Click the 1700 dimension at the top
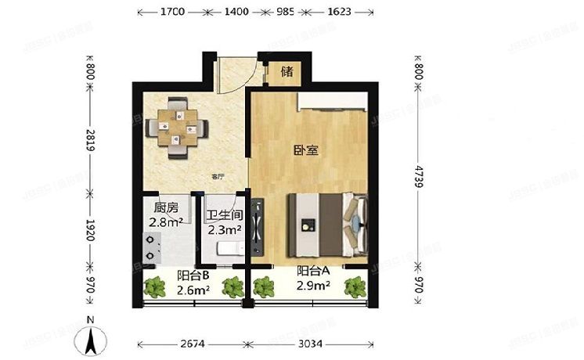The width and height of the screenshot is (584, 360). [171, 13]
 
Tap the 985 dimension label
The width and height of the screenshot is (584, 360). [285, 13]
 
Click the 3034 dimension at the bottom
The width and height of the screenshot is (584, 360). [312, 344]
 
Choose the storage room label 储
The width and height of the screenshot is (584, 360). [287, 72]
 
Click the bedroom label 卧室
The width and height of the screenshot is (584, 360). [306, 150]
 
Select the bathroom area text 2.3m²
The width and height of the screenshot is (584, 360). [224, 230]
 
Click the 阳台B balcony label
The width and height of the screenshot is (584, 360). [192, 275]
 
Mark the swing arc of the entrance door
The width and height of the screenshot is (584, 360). [233, 78]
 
